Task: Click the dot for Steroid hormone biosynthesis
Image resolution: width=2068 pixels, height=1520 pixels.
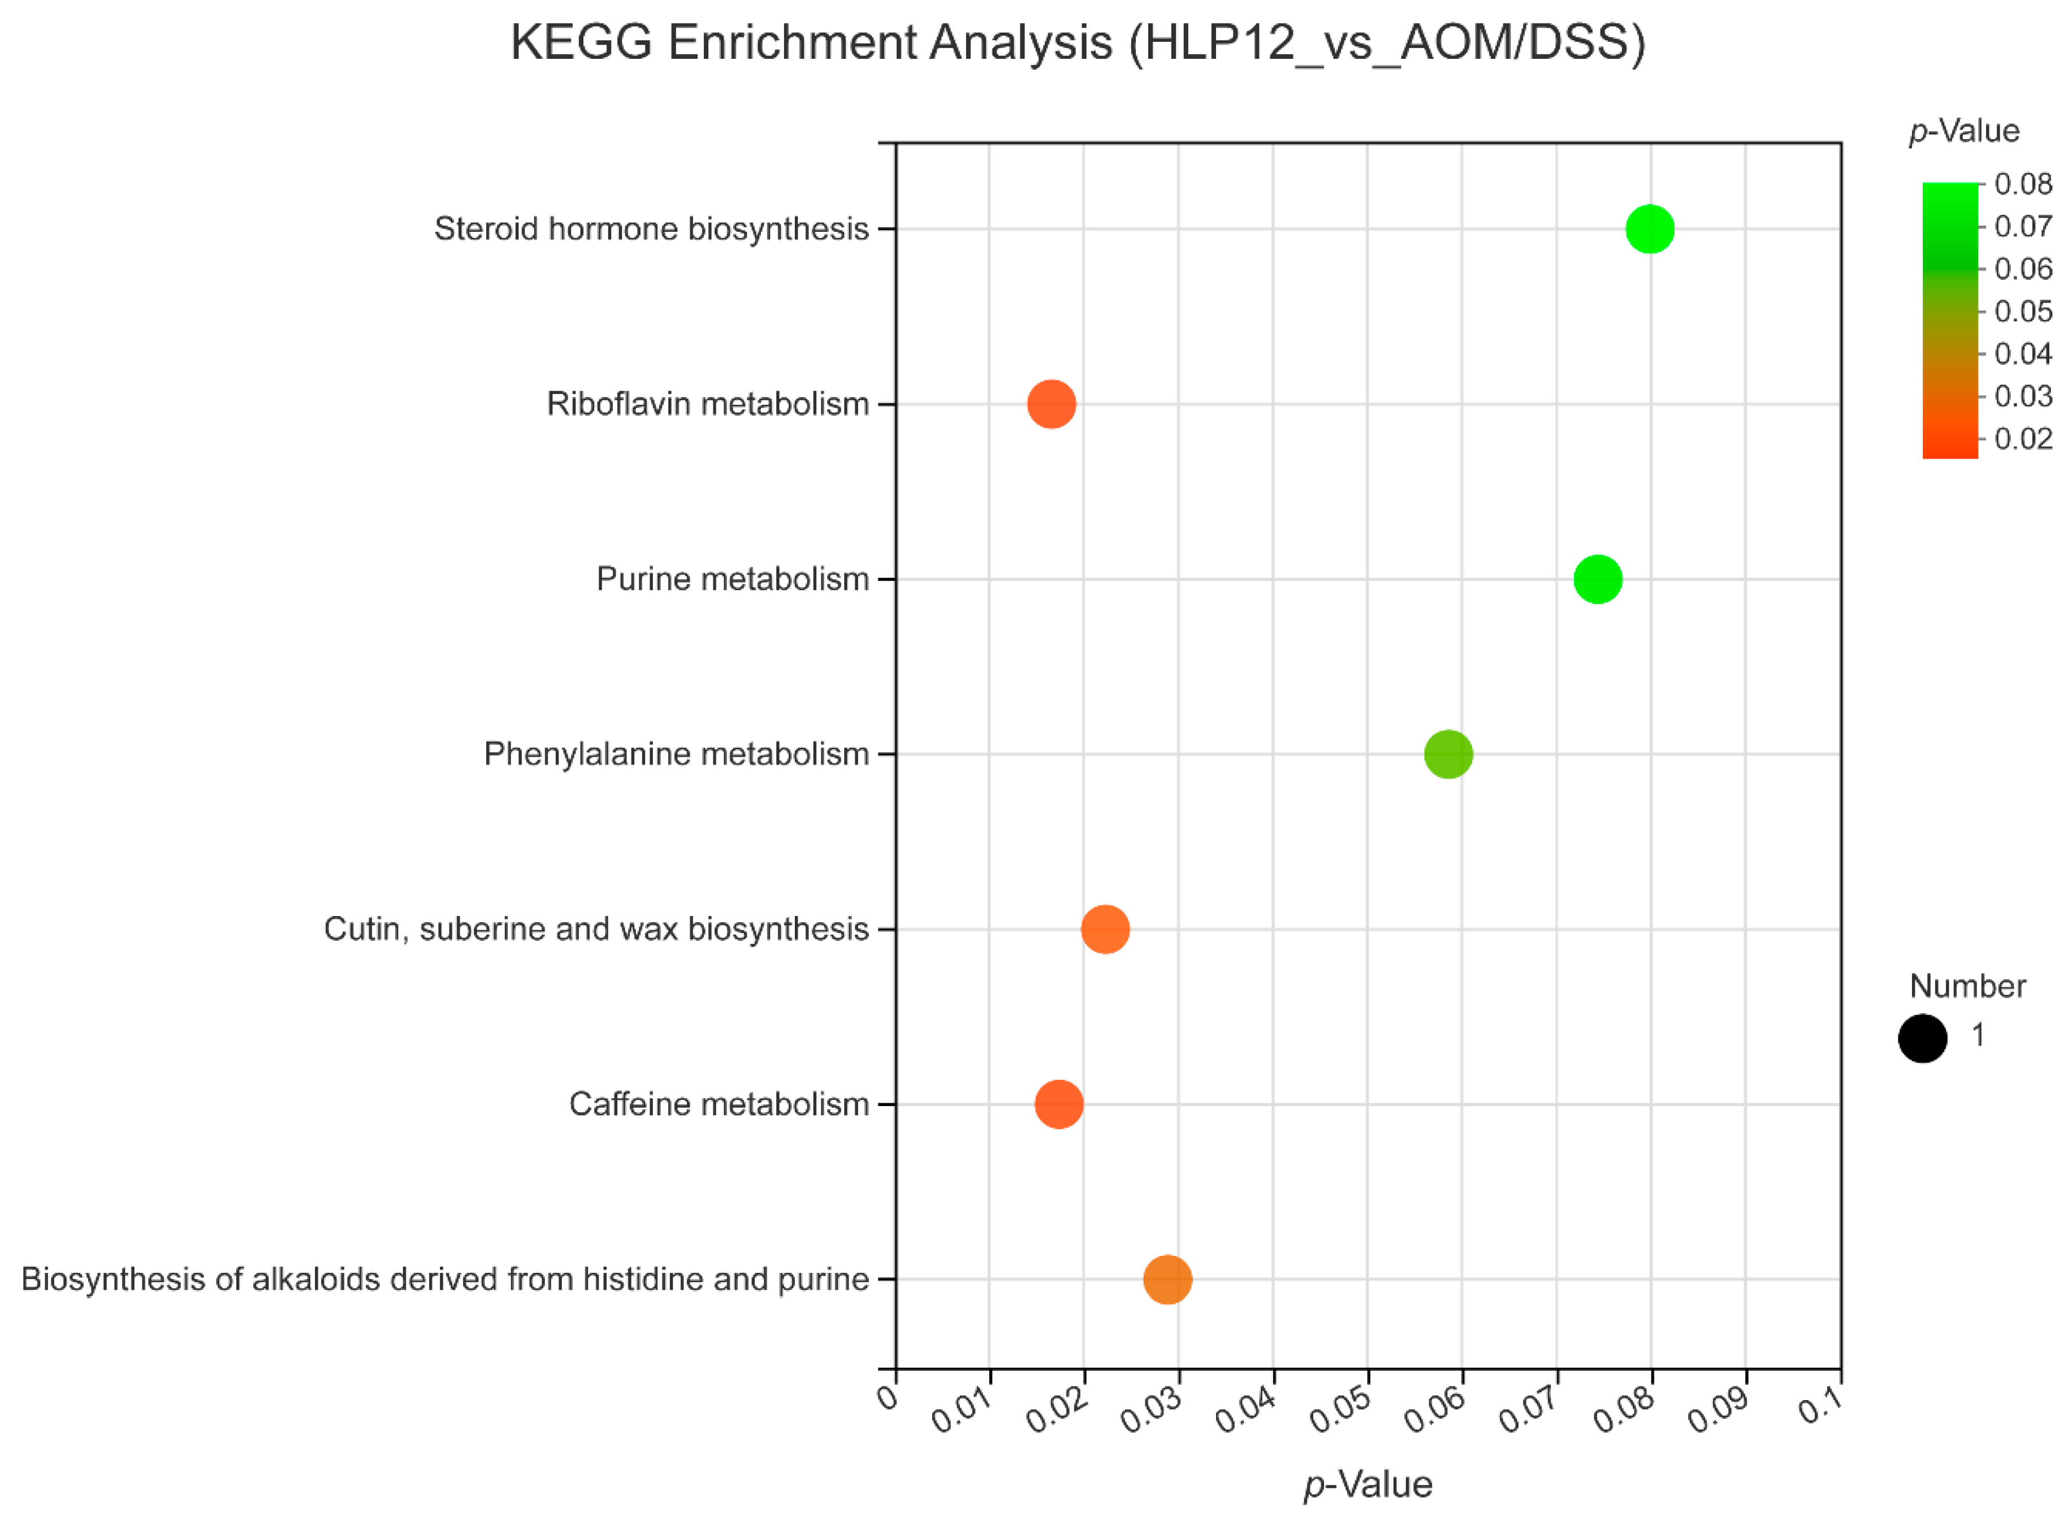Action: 1650,228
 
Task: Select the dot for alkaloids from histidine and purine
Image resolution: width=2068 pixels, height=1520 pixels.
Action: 1167,1279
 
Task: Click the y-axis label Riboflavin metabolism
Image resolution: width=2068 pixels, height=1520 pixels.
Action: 707,403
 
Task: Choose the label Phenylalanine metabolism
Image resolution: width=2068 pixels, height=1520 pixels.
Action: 676,754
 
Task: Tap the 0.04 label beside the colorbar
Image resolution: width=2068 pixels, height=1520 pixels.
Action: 2023,353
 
